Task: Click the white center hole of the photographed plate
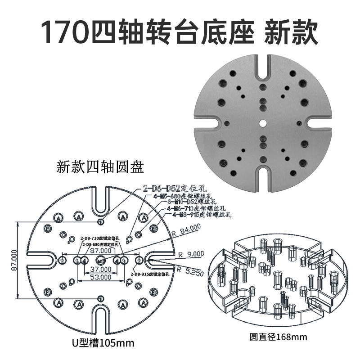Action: [262, 122]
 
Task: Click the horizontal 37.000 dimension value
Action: [101, 268]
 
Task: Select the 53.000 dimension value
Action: [101, 277]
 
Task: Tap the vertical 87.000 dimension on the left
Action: [13, 260]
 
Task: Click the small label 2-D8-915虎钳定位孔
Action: [149, 274]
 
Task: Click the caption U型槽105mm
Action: [103, 343]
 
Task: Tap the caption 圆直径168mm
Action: [279, 336]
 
